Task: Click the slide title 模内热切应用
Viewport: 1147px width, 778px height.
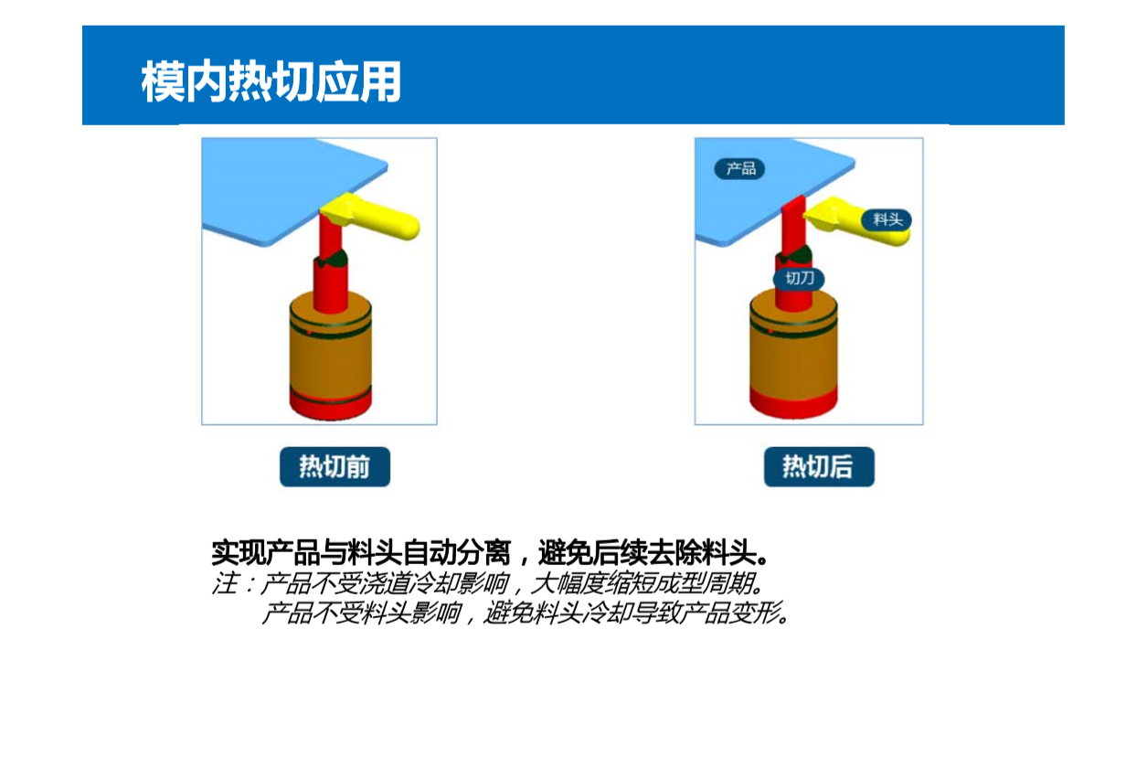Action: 271,81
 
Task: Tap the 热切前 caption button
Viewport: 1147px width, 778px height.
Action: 335,466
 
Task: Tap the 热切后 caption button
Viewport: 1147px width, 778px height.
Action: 819,466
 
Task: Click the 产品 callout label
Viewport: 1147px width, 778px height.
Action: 739,168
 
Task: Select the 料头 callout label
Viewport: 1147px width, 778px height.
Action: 887,219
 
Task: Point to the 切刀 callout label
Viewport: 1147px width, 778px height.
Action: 799,279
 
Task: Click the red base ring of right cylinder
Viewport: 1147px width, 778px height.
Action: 793,403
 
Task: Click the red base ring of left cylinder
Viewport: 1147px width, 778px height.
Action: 331,406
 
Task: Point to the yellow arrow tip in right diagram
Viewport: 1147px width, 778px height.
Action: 805,216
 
